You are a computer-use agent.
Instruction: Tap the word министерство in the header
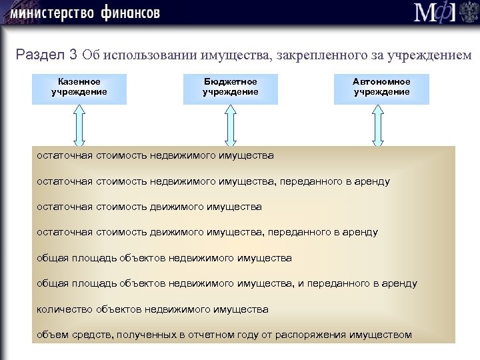(50, 13)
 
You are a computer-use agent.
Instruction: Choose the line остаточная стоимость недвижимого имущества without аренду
(155, 156)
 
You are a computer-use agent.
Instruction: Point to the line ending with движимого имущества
(149, 207)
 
